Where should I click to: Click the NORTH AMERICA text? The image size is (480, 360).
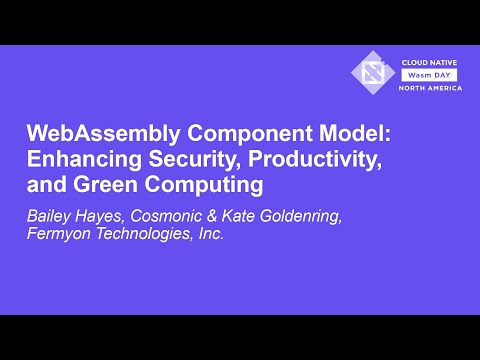431,88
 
